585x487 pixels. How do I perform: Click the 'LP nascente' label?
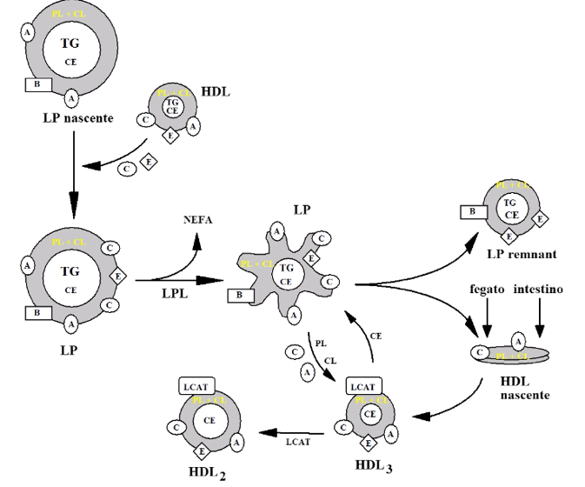76,116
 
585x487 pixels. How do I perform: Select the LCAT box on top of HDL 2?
196,386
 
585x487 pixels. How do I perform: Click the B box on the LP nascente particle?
38,85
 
